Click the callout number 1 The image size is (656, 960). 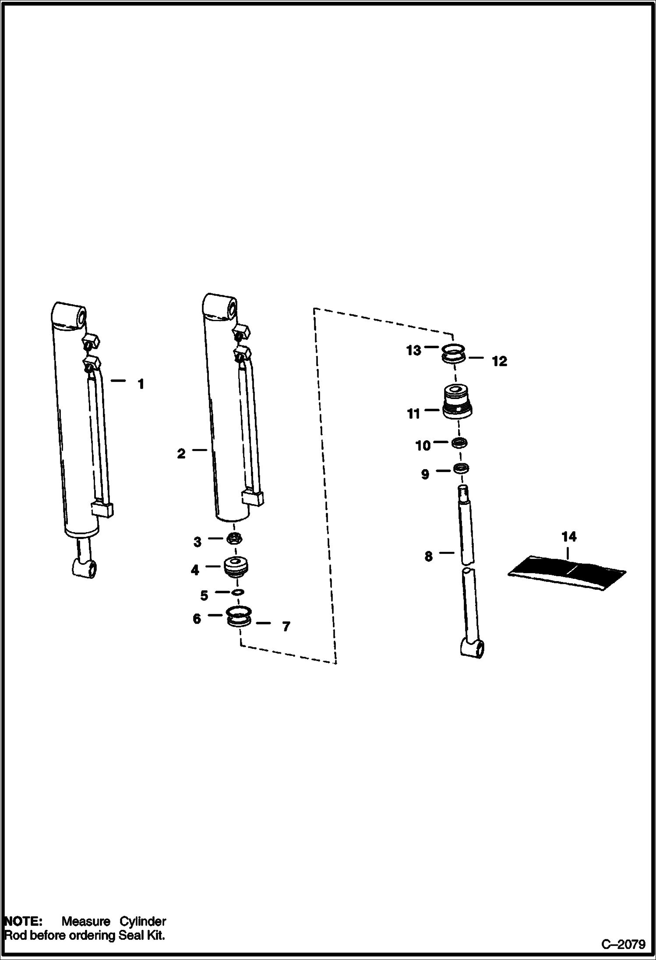141,385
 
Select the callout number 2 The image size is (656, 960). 181,454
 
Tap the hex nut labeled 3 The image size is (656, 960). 235,539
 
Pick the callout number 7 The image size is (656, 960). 286,627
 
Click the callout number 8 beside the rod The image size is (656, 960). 428,557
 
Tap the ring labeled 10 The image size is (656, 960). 459,443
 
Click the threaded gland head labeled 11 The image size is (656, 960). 458,402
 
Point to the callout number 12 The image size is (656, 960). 499,361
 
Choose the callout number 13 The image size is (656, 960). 413,350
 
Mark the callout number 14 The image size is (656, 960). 569,536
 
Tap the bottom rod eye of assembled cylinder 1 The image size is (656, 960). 85,568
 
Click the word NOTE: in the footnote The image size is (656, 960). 23,921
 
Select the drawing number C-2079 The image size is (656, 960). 623,944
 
